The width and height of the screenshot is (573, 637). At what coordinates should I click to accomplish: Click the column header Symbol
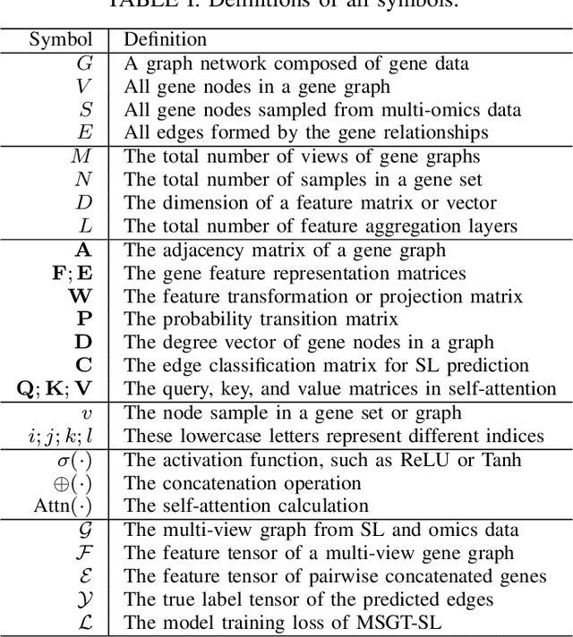(60, 40)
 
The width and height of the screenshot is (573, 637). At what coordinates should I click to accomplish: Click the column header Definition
(165, 40)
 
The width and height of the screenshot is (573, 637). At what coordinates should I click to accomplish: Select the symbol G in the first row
(86, 64)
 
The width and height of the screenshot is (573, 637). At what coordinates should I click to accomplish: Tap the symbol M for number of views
(82, 157)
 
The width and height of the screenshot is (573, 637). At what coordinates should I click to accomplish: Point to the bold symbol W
(81, 296)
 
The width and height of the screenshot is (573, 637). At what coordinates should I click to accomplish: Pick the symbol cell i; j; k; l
(58, 436)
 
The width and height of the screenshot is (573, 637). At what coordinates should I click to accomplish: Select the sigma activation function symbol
(73, 459)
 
